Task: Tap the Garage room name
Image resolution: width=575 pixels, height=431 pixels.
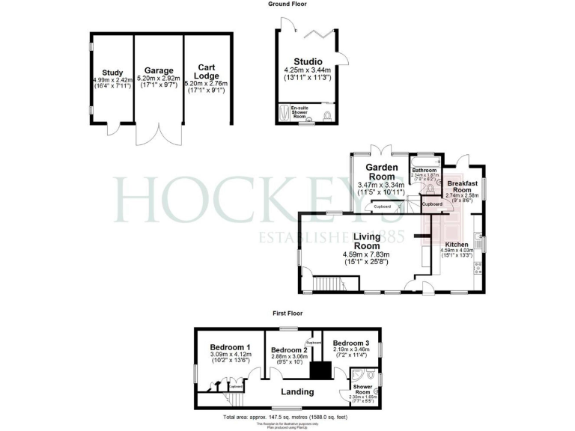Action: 159,70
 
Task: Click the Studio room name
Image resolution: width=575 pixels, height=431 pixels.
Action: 308,61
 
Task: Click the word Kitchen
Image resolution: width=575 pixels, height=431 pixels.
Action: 457,245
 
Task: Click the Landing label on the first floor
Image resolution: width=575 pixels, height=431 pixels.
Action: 297,392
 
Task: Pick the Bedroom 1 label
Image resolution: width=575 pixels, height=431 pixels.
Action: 231,347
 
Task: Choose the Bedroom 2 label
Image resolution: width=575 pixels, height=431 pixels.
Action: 289,350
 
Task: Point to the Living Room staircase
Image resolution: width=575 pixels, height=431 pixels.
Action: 326,284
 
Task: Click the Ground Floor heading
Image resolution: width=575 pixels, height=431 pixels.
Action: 287,4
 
